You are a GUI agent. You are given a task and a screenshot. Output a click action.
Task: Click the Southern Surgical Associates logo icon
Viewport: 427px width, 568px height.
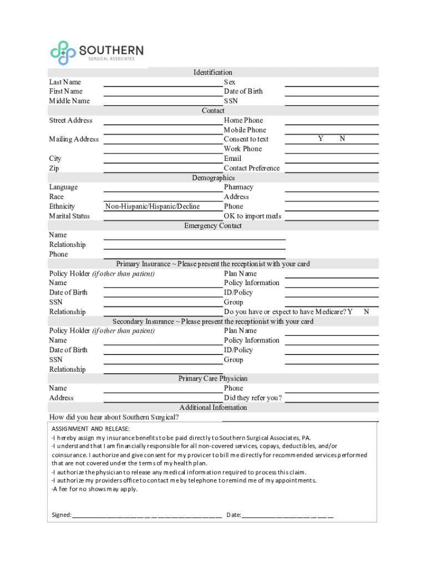click(63, 53)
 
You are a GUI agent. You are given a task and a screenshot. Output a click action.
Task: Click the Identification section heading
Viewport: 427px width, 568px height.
click(213, 72)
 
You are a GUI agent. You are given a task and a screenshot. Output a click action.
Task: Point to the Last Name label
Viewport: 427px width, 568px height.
click(65, 82)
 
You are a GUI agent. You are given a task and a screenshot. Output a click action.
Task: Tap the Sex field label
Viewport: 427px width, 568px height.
click(230, 82)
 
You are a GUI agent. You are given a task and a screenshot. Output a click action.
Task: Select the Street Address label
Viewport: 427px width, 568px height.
click(70, 120)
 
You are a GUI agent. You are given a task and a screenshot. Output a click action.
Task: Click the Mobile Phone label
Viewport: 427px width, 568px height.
click(245, 130)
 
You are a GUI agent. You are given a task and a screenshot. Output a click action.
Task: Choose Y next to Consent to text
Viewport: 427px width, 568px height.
click(321, 139)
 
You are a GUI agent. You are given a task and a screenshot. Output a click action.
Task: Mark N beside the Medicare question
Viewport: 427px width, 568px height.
click(366, 312)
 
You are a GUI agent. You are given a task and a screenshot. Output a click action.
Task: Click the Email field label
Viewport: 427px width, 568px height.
click(232, 159)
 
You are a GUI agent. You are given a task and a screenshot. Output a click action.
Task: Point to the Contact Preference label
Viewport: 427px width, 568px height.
click(252, 168)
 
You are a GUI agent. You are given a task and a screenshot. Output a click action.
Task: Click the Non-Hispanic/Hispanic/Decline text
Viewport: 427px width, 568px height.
click(152, 206)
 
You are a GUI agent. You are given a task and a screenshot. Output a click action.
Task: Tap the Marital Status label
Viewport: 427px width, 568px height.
click(69, 216)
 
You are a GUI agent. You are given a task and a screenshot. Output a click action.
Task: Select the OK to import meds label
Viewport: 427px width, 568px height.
click(252, 216)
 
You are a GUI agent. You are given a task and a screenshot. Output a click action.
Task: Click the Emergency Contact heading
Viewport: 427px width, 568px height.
click(213, 226)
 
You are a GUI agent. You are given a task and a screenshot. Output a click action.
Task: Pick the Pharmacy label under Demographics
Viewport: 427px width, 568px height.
click(238, 187)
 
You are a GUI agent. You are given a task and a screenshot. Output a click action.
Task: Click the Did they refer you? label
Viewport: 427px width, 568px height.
click(253, 398)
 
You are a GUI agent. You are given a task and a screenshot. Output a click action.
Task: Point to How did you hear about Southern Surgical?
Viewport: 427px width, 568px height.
click(114, 417)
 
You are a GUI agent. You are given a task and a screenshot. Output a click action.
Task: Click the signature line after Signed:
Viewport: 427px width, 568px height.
click(147, 515)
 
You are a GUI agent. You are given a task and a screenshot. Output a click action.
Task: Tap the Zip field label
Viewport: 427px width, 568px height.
click(54, 168)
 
